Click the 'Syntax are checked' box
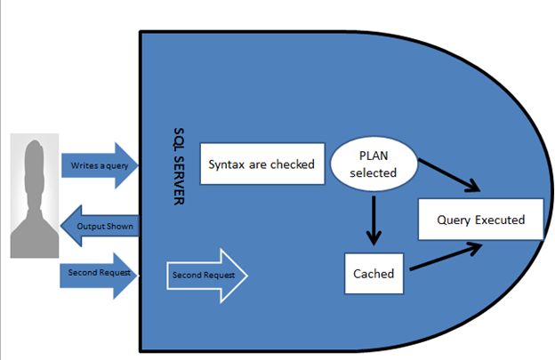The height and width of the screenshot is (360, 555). coord(261,164)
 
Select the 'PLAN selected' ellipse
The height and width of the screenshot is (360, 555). coord(373,164)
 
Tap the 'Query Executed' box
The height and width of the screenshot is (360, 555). coord(480,220)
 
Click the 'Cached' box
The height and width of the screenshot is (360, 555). coord(374,274)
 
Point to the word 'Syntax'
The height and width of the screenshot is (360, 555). coord(227,164)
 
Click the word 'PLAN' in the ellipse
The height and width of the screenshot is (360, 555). coord(374,156)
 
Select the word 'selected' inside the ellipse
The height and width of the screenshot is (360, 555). coord(374,172)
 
